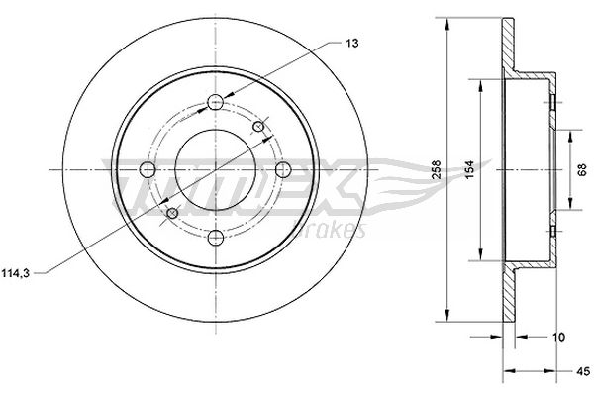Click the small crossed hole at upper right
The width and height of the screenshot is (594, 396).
click(259, 126)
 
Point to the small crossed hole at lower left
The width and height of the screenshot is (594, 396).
click(173, 212)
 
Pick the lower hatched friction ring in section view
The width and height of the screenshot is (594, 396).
click(510, 297)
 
